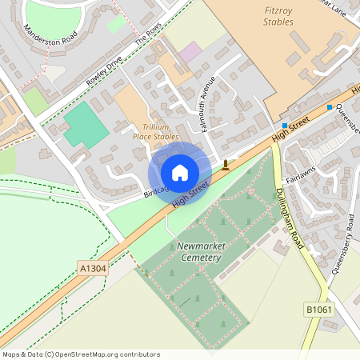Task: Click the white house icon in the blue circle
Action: click(x=180, y=173)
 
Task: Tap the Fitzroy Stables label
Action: click(x=278, y=16)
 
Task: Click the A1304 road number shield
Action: click(x=92, y=269)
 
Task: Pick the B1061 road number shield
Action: click(x=318, y=309)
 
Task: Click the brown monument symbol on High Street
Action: click(x=226, y=166)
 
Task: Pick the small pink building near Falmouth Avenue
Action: click(x=190, y=53)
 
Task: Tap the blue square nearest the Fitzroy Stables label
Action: click(x=284, y=126)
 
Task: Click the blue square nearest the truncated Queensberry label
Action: click(x=329, y=107)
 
